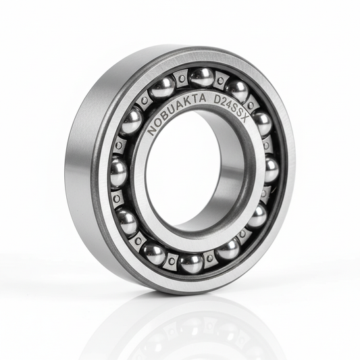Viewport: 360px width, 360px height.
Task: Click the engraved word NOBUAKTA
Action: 175,113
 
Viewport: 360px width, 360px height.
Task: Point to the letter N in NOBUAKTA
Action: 151,130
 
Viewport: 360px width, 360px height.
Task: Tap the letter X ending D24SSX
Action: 246,120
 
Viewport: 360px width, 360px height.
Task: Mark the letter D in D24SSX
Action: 217,100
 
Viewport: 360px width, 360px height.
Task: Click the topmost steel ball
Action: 202,78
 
